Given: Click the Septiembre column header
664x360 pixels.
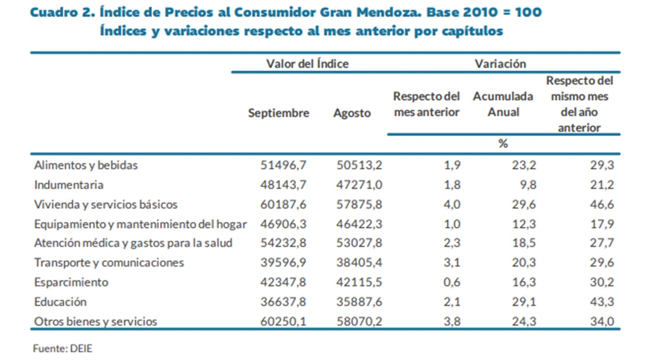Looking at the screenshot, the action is (278, 113).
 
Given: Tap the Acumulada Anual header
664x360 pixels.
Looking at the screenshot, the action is (503, 104).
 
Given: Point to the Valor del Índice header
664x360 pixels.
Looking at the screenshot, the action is (307, 64).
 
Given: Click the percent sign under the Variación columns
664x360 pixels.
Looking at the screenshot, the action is (503, 143).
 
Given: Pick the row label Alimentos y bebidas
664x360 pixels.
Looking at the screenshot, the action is (86, 165).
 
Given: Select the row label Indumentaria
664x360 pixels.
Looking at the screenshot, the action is (69, 185).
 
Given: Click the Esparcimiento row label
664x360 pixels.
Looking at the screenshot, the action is (71, 282).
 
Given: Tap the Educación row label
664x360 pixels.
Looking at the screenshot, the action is (61, 302).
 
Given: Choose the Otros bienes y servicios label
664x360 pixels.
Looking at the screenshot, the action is (96, 321).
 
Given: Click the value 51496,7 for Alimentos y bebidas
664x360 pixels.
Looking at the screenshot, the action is (283, 165).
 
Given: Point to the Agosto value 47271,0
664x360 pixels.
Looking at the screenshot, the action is (359, 185).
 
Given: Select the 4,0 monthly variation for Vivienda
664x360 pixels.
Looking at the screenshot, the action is (452, 204).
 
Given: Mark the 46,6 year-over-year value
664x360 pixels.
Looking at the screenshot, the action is (602, 204).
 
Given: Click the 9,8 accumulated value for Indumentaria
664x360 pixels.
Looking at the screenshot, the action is (528, 185).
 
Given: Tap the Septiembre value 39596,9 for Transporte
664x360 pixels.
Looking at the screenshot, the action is (283, 263).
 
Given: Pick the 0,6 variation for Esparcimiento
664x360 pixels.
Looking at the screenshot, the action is (452, 282).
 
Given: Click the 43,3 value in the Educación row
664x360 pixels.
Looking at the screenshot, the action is (602, 302).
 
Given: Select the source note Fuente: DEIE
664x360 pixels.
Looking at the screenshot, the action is (62, 348).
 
